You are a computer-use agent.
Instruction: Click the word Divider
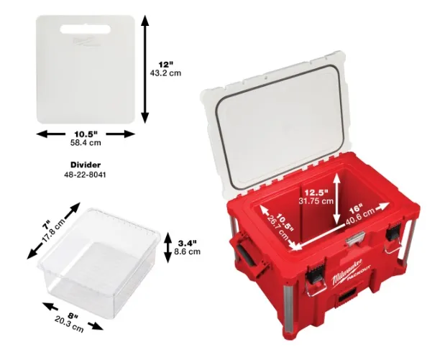click(86, 165)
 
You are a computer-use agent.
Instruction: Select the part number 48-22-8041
click(85, 175)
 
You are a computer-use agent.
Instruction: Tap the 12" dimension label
click(165, 65)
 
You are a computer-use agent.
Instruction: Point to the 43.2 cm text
click(165, 73)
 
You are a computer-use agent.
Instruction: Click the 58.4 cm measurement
click(86, 143)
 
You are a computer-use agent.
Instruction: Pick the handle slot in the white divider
click(85, 29)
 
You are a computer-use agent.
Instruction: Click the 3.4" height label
click(187, 243)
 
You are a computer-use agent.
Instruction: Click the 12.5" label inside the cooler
click(316, 193)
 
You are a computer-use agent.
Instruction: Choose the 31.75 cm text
click(316, 201)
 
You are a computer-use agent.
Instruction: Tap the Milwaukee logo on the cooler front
click(347, 272)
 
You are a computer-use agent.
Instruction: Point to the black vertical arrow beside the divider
click(145, 69)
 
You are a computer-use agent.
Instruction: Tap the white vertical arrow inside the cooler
click(336, 198)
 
